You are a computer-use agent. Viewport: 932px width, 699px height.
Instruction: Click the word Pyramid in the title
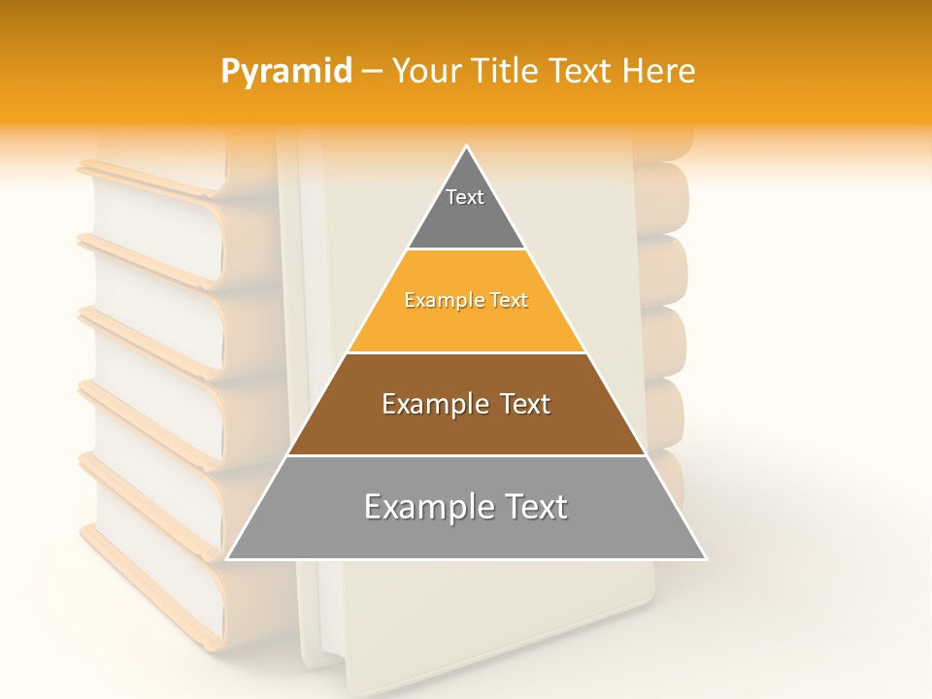point(286,71)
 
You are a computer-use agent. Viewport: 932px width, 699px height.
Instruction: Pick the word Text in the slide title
point(583,71)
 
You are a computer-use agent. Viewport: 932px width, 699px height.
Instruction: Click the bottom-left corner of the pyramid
point(227,559)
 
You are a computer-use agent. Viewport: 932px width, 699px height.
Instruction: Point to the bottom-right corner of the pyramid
point(706,559)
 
